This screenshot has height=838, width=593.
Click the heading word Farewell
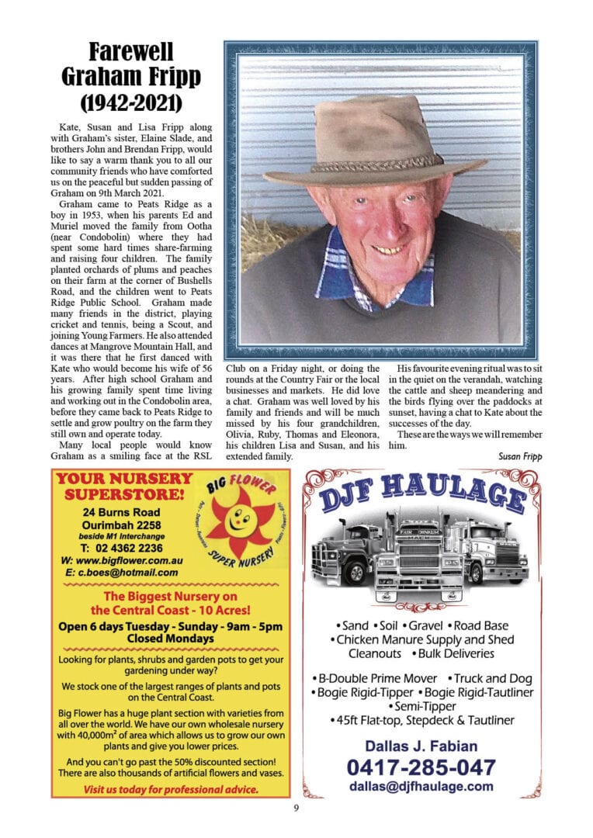(130, 53)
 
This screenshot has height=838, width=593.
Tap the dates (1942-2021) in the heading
(130, 102)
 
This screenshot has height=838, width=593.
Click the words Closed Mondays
(170, 639)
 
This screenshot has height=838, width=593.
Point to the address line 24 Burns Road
(122, 512)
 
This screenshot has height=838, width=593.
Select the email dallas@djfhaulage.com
(421, 786)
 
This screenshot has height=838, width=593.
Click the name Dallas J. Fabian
(421, 746)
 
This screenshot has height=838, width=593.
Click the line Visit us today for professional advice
(170, 790)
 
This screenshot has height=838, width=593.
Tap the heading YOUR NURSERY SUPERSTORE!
(121, 486)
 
